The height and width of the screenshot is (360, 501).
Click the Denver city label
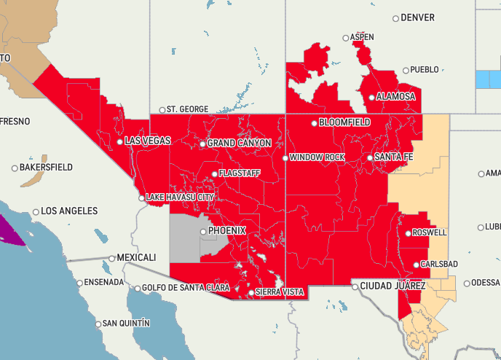click(418, 17)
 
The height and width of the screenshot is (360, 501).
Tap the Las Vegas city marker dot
click(120, 141)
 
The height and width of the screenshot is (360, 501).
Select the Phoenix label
click(227, 231)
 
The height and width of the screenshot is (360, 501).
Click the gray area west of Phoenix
click(185, 237)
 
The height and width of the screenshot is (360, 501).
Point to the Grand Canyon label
click(240, 144)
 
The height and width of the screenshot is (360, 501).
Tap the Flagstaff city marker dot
click(214, 174)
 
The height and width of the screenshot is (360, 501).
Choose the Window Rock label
click(317, 157)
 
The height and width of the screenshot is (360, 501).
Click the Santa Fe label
click(394, 157)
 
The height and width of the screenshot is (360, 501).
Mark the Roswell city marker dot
click(409, 233)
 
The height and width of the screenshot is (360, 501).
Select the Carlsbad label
click(439, 265)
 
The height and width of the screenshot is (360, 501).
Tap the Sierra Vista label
click(280, 292)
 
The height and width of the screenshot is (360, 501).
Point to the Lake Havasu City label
click(180, 197)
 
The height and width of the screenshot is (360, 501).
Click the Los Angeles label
click(69, 211)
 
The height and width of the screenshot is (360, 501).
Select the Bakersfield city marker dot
click(15, 168)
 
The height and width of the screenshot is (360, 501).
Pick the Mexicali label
click(137, 258)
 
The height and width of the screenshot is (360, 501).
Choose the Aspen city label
click(362, 37)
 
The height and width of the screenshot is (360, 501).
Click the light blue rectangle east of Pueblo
click(487, 79)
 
